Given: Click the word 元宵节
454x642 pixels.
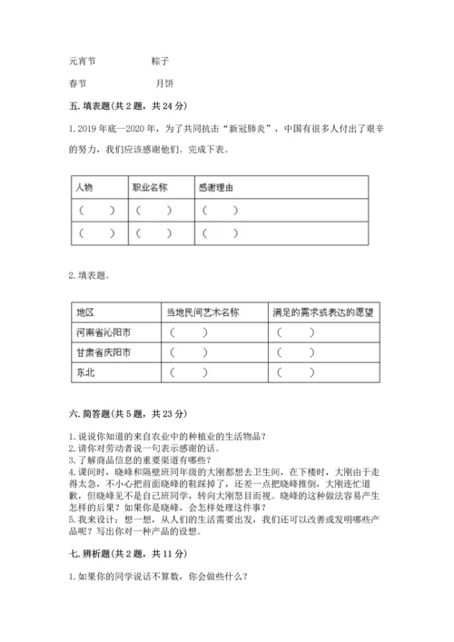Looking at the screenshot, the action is [82, 63].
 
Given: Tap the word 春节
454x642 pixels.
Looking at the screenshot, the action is [78, 87].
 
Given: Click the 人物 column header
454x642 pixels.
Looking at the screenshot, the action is [84, 188].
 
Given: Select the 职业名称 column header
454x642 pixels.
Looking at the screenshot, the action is [150, 188].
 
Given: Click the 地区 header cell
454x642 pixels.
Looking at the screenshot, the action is [84, 311].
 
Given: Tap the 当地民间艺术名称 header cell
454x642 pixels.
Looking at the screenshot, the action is [202, 311].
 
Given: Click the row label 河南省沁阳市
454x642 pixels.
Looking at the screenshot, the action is [103, 331].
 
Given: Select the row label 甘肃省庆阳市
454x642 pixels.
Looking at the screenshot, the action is [103, 351].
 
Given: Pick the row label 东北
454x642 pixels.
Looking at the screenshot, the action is [84, 371].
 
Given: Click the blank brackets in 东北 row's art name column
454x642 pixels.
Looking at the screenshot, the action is [188, 371].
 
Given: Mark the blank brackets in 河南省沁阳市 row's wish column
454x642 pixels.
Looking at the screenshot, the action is [296, 331].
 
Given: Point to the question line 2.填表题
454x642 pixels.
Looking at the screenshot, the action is [91, 274].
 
